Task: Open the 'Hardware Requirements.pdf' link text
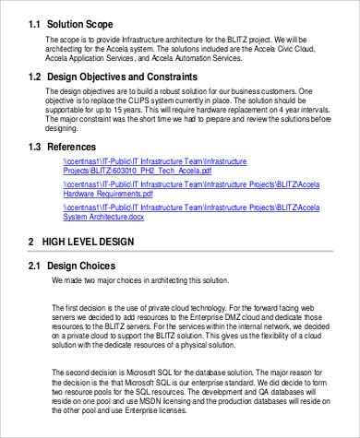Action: point(112,195)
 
